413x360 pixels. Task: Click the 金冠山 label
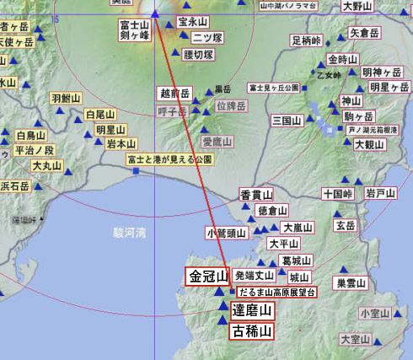click(x=207, y=277)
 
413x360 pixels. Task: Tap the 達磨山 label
click(x=252, y=311)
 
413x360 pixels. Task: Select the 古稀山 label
click(x=252, y=331)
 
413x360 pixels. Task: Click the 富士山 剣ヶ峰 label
click(x=134, y=31)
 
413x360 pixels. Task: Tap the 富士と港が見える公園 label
click(x=169, y=159)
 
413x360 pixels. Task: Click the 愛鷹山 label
click(x=217, y=142)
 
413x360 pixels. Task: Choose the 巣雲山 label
click(x=351, y=283)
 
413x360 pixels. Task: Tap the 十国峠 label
click(x=337, y=193)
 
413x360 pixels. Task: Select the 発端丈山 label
click(x=254, y=275)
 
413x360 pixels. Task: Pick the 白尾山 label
click(x=100, y=115)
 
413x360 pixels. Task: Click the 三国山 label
click(x=287, y=121)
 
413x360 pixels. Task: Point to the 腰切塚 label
click(x=199, y=55)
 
